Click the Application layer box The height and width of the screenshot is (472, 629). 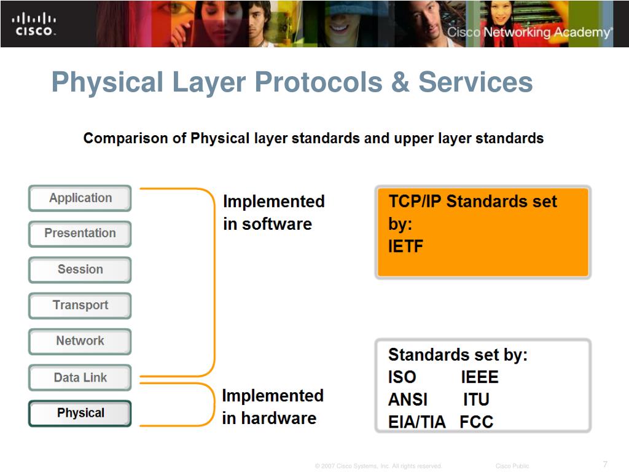(80, 199)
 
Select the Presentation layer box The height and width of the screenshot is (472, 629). (80, 234)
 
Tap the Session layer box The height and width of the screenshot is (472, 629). (80, 270)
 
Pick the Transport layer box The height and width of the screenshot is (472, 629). (80, 306)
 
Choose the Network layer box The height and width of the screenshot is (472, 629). (80, 342)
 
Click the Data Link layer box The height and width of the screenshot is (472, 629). (80, 378)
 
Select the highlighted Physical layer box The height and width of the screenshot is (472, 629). (80, 414)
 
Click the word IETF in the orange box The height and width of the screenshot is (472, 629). (405, 246)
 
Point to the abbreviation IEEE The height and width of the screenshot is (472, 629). (480, 377)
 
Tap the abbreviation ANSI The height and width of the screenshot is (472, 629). (408, 399)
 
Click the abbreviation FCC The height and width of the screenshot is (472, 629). (477, 422)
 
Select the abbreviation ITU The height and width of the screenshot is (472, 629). (476, 399)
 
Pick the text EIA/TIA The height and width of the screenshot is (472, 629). (417, 422)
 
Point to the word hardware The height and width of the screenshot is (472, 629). (279, 418)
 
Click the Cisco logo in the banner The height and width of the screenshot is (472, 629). (34, 24)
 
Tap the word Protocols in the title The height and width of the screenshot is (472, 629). (319, 82)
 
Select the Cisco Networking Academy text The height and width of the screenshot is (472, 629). (530, 32)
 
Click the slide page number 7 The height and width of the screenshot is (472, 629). (605, 465)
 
